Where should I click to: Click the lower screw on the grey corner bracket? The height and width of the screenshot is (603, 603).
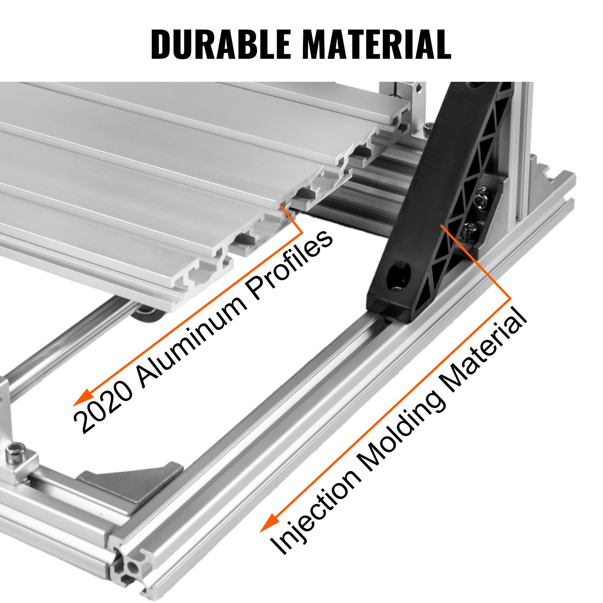[469, 228]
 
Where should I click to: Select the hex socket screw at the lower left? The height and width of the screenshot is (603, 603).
[16, 450]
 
